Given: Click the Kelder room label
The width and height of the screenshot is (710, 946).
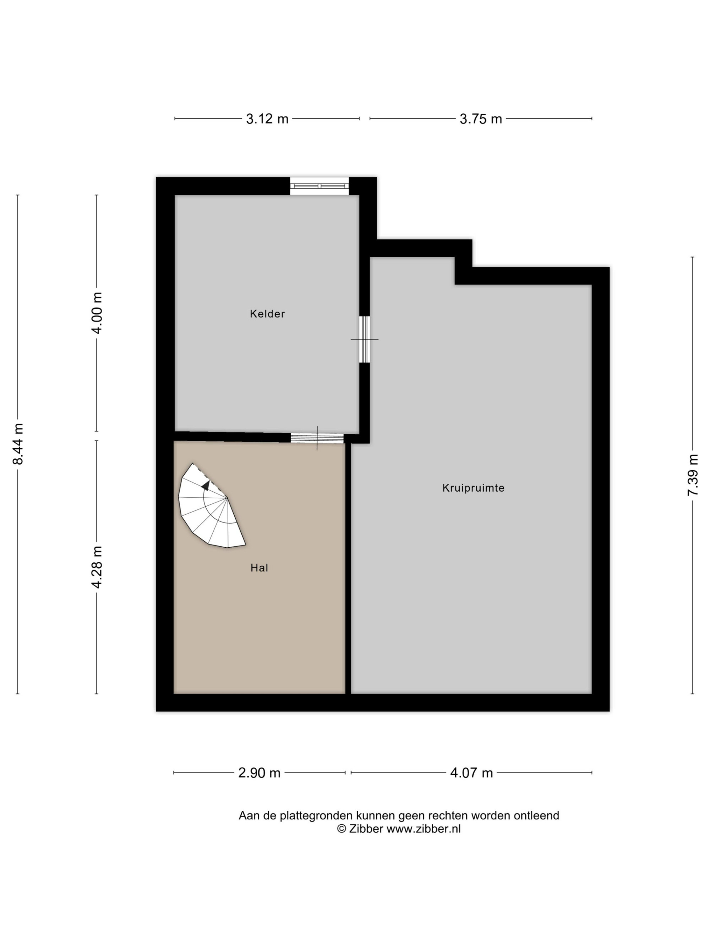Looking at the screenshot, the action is [x=267, y=314].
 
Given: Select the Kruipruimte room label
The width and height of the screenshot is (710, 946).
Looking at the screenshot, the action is [x=473, y=488].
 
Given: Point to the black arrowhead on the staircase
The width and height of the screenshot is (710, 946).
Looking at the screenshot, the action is [x=206, y=485].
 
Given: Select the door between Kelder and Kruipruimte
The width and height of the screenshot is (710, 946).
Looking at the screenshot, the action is [x=364, y=339].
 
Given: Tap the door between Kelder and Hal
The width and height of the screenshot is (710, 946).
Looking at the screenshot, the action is [x=317, y=438].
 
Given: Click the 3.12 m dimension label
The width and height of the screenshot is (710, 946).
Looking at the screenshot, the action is [x=267, y=119].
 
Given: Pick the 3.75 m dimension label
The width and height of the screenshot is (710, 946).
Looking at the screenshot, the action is [x=481, y=119].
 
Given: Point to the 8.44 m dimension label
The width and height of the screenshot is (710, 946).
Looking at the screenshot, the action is [x=18, y=444].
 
